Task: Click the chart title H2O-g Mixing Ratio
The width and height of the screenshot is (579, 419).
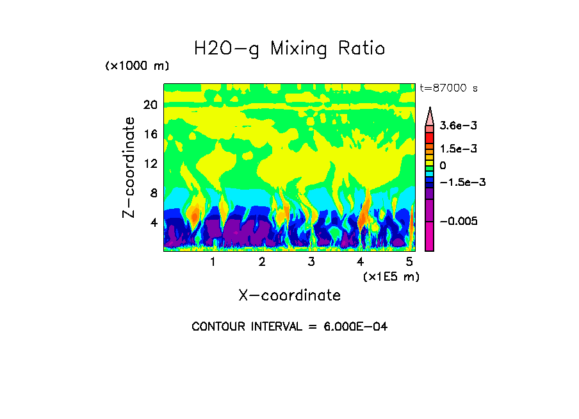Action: (x=289, y=48)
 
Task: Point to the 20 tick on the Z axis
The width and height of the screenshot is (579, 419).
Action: (x=150, y=104)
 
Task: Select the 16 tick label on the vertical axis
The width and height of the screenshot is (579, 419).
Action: (x=150, y=134)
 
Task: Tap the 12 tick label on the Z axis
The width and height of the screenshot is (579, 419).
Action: (x=150, y=163)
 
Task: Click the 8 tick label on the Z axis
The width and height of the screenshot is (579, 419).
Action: (x=153, y=193)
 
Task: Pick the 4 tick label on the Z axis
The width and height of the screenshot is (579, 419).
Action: (x=153, y=222)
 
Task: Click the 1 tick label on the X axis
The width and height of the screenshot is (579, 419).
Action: (x=213, y=261)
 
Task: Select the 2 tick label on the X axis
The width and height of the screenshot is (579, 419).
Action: (x=262, y=261)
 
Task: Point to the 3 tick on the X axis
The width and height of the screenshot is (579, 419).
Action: (x=311, y=261)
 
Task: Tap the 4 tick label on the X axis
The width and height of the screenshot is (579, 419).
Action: (x=360, y=261)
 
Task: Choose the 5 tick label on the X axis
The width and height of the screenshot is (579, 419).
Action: (x=409, y=261)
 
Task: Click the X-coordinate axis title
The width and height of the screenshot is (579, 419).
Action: (x=289, y=295)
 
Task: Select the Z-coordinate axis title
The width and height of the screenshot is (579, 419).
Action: (x=129, y=167)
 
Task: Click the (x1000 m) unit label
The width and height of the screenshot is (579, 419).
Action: (x=136, y=66)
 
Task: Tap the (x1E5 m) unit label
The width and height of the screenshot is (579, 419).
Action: (x=391, y=276)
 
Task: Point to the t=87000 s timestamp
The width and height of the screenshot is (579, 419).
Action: (x=448, y=88)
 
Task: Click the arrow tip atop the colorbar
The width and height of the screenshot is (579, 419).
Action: (x=430, y=110)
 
